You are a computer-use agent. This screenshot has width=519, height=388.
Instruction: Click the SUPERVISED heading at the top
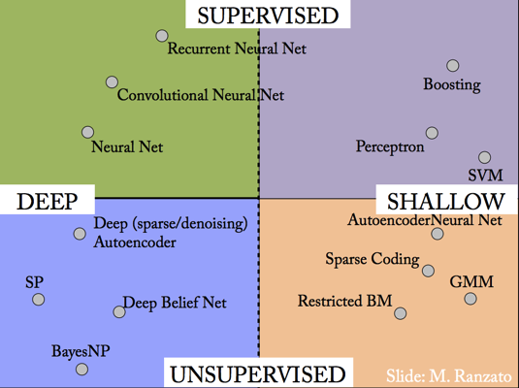[268, 16]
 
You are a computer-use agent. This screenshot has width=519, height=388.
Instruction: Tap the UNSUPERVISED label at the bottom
[258, 374]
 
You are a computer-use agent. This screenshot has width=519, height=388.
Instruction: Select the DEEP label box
[48, 201]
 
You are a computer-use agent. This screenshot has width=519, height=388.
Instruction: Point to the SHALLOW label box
[446, 201]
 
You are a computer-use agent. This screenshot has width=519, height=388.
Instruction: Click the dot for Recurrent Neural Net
[162, 36]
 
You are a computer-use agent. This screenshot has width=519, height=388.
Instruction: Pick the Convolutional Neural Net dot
[112, 81]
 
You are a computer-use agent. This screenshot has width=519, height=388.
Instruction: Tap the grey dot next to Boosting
[453, 66]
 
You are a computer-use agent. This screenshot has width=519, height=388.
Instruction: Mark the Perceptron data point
[432, 133]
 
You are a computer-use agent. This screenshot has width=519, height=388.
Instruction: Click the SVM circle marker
[485, 157]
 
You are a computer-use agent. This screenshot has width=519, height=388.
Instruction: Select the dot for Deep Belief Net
[119, 311]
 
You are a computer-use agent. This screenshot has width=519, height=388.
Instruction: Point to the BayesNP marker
[81, 369]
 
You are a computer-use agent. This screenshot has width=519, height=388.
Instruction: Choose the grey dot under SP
[39, 300]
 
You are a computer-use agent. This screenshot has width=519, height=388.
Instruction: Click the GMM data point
[470, 299]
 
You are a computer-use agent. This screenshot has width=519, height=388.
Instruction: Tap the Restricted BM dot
[401, 313]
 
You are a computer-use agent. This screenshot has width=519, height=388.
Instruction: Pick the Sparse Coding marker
[429, 271]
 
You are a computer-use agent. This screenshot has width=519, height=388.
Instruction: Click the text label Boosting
[452, 84]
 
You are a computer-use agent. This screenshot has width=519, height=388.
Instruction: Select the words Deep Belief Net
[175, 303]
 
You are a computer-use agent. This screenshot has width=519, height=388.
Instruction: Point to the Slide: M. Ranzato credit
[449, 375]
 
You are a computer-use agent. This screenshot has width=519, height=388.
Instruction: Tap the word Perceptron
[390, 146]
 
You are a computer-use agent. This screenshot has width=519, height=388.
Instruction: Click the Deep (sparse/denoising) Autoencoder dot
[80, 234]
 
